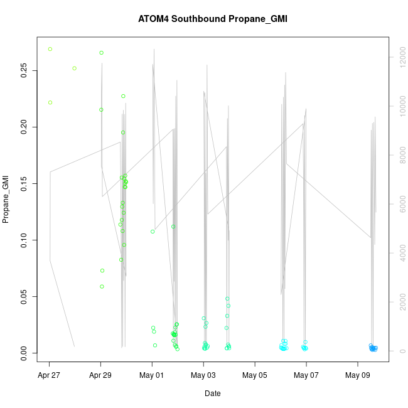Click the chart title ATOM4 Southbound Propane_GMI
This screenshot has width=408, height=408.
[213, 19]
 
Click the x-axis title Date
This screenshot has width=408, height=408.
[212, 394]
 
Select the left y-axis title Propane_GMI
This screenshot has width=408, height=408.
[6, 200]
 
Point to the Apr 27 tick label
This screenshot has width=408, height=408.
[49, 376]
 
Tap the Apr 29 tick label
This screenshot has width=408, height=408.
[100, 376]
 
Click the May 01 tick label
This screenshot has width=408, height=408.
[152, 376]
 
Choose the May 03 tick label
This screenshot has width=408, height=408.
[203, 376]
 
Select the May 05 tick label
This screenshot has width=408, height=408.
[255, 376]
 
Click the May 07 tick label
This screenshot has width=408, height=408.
[306, 376]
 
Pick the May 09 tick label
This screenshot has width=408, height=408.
[358, 376]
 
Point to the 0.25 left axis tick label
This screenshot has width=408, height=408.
[24, 71]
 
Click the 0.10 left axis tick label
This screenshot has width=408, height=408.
[24, 240]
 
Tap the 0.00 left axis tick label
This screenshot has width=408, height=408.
[24, 353]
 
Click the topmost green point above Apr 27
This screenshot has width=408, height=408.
[50, 49]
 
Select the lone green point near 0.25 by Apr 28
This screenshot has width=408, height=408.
[74, 68]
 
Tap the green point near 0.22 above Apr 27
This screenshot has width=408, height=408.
[50, 102]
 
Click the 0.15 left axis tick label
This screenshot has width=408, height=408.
[24, 183]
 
